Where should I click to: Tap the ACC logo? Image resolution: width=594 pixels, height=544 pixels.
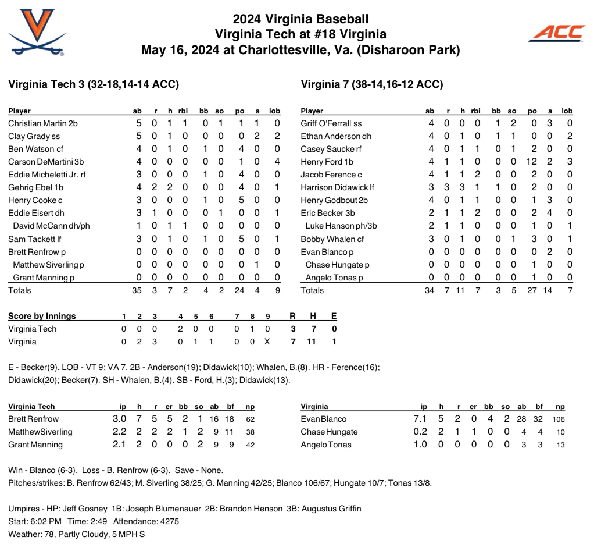tap(556, 33)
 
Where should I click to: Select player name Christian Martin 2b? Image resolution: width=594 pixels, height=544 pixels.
tap(43, 123)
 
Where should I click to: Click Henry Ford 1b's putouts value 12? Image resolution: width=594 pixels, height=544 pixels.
tap(532, 162)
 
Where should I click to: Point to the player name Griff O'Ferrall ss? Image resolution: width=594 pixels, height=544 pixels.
tap(331, 123)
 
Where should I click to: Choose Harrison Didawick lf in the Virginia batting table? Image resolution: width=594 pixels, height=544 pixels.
tap(338, 187)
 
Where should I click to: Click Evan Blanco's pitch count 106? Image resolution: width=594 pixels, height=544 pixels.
tap(557, 419)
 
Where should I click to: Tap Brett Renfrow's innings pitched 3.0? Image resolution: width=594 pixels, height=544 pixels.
tap(119, 419)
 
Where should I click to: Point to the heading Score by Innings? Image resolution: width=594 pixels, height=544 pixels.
tap(42, 316)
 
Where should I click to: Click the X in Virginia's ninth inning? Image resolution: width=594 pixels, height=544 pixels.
tap(267, 342)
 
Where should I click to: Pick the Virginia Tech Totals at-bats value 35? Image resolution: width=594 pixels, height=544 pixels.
tap(137, 290)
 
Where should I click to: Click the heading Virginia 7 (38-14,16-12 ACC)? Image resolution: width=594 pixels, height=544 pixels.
tap(372, 84)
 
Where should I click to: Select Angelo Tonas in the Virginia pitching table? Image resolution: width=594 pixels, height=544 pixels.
tap(327, 445)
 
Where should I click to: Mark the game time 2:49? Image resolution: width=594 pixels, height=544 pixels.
tap(98, 521)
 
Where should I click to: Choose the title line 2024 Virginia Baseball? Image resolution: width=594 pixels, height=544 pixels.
tap(300, 19)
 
